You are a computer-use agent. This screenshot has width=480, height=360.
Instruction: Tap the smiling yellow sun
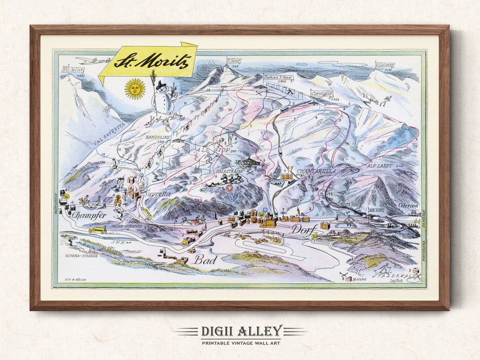click(x=135, y=89)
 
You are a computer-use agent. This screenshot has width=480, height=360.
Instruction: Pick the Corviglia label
click(x=322, y=94)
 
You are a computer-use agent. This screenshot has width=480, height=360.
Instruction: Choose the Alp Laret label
click(x=378, y=165)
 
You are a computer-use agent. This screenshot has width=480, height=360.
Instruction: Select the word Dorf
click(x=304, y=229)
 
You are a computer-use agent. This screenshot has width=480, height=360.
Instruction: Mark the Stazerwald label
click(x=396, y=276)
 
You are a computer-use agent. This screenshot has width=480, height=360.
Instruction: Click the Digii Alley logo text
click(x=240, y=331)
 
